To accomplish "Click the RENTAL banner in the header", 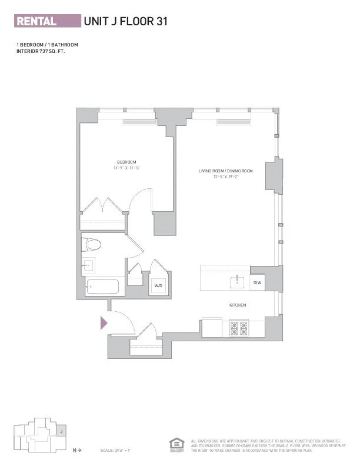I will (47, 22).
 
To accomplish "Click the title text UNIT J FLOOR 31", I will (126, 22).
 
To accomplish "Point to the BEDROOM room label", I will (126, 162).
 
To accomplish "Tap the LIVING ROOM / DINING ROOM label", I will (225, 171).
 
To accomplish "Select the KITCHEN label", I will (238, 305).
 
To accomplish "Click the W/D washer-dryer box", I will (158, 285).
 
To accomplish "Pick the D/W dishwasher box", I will (257, 283).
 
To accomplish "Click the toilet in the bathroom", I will (92, 244).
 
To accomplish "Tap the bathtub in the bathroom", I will (102, 288).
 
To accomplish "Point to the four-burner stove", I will (239, 328).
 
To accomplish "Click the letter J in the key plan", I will (61, 431).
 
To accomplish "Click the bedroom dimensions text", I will (126, 168).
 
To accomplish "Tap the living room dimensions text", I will (225, 177).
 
